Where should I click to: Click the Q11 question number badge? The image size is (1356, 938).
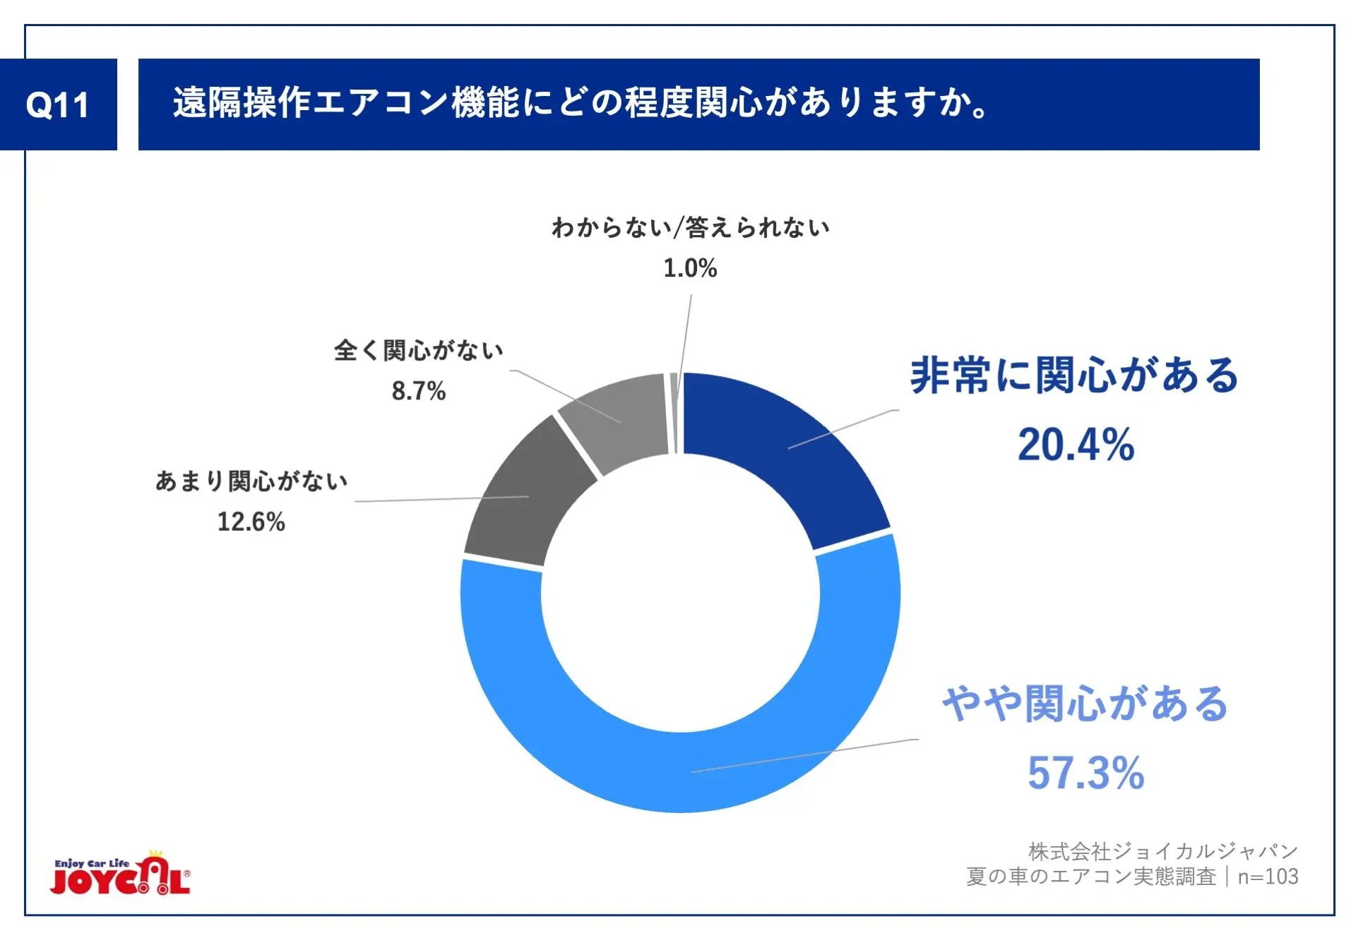point(58,104)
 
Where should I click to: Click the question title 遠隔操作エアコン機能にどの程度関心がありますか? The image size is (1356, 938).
point(581,103)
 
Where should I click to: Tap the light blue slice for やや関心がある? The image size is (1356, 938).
point(678,773)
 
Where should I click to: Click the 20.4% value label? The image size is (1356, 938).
point(1076,445)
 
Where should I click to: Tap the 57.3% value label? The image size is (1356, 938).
point(1086,773)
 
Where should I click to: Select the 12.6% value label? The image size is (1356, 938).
point(251,522)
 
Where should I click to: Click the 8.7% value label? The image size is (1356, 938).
point(419,391)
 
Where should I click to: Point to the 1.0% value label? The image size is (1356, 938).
point(690,268)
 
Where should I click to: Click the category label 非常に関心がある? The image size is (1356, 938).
point(1074,375)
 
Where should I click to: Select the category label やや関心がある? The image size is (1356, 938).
point(1086,704)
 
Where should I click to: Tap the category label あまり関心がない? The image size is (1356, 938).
point(251,481)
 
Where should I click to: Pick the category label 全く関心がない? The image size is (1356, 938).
point(419,350)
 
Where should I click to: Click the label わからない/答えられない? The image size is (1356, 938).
point(690,227)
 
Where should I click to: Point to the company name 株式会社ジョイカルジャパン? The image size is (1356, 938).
point(1162,851)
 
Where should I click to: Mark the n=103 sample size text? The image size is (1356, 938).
point(1268,877)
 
